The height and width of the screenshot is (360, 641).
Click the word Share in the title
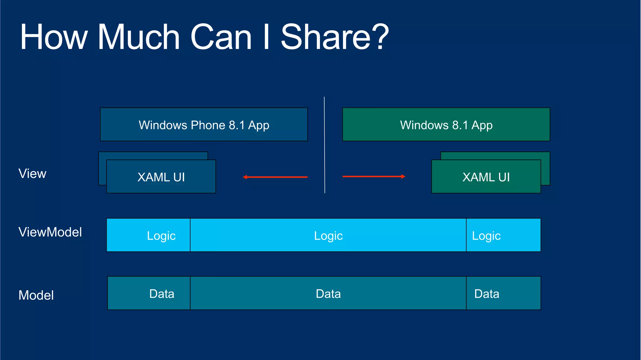326,38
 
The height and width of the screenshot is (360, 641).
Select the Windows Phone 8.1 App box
204,125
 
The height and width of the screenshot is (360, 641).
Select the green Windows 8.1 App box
446,125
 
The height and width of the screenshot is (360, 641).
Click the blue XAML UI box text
161,177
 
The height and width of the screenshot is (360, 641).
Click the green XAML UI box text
486,177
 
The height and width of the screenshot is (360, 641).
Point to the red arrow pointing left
275,177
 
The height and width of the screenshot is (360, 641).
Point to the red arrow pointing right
374,176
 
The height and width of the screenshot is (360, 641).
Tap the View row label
32,174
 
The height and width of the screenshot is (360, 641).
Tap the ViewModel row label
50,232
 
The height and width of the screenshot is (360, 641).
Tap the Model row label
36,295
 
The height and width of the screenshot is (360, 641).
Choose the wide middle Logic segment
328,235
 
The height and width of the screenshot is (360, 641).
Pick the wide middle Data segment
328,293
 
